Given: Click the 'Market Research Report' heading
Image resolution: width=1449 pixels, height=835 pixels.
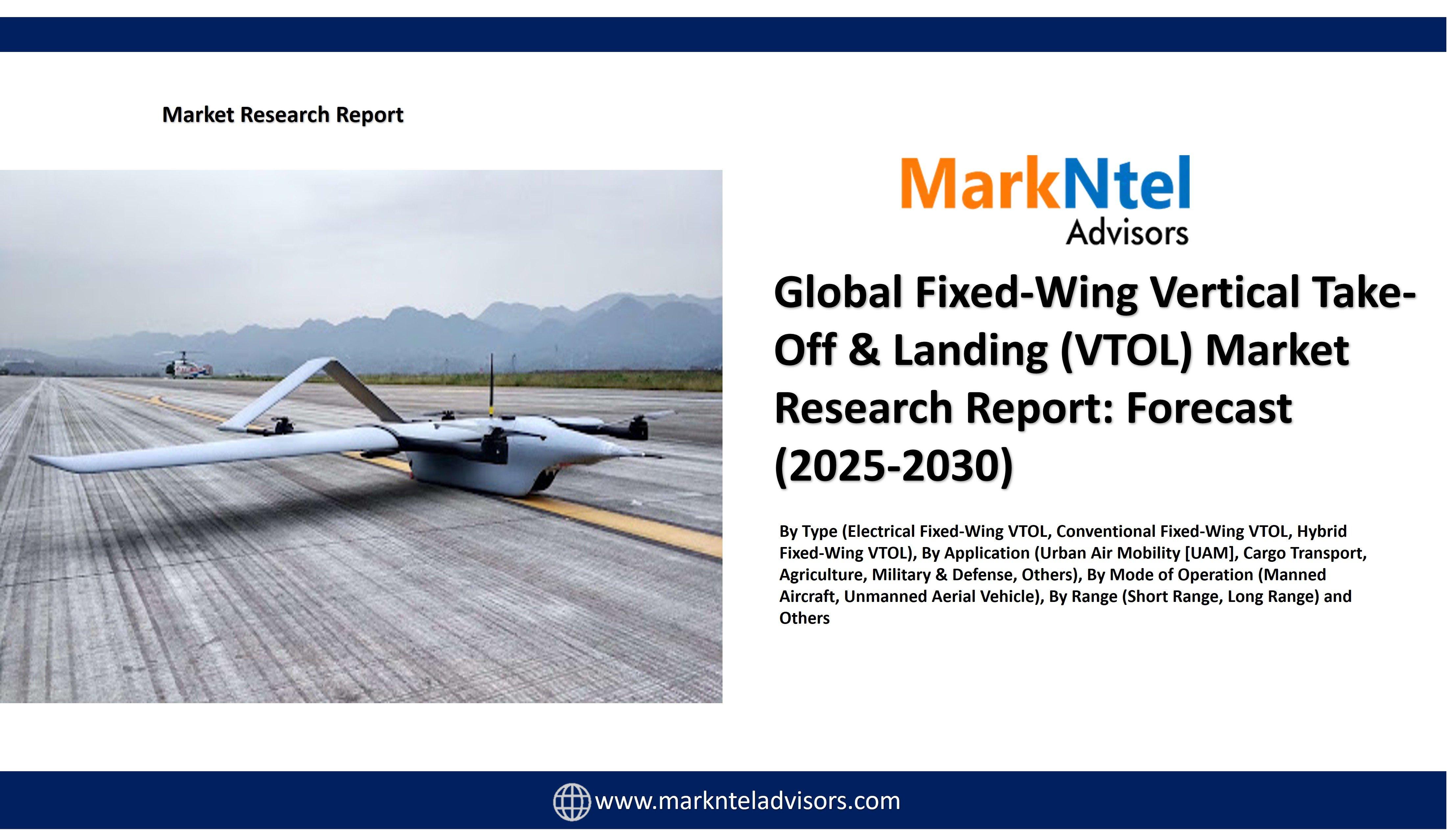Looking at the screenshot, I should click(x=283, y=115).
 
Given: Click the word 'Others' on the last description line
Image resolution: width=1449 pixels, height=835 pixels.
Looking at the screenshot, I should click(x=804, y=618).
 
